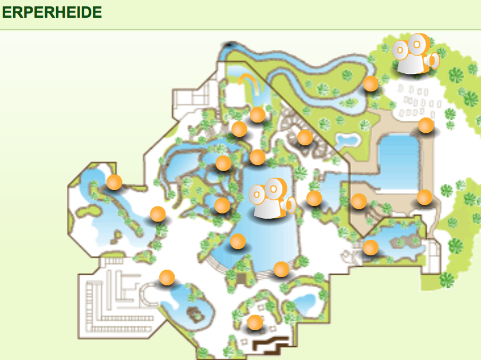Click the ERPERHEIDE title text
[x=52, y=12]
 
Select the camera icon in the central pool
[x=272, y=198]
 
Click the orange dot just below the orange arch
[x=258, y=114]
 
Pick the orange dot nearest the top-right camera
[x=370, y=84]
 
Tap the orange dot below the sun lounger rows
[x=426, y=125]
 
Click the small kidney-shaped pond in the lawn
[x=347, y=140]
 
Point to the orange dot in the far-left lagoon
[x=115, y=182]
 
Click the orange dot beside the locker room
[x=167, y=277]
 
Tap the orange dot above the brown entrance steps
[x=255, y=322]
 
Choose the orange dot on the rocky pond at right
[x=370, y=247]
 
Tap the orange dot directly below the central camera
[x=238, y=241]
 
